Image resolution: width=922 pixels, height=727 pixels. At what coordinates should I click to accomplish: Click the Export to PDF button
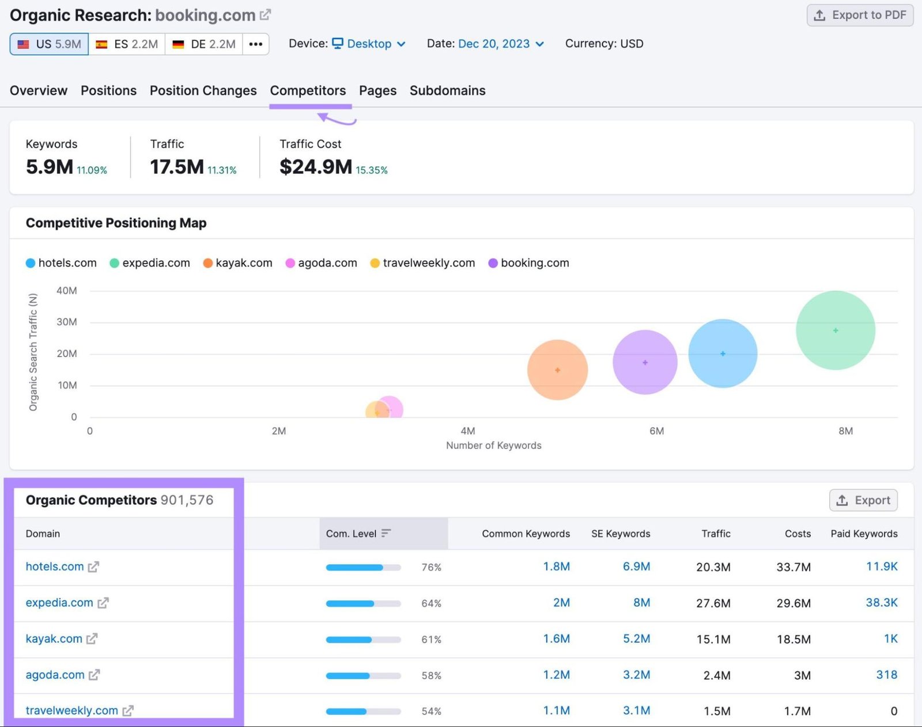pyautogui.click(x=860, y=16)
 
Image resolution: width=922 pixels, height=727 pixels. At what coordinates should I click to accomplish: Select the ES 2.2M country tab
pyautogui.click(x=127, y=44)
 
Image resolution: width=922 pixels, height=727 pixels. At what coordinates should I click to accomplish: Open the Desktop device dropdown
pyautogui.click(x=369, y=44)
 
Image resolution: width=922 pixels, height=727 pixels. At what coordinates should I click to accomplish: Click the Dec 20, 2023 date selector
pyautogui.click(x=494, y=44)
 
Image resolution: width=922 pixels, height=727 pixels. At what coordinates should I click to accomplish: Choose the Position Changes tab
pyautogui.click(x=203, y=90)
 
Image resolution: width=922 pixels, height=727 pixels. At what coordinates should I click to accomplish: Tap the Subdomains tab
pyautogui.click(x=447, y=90)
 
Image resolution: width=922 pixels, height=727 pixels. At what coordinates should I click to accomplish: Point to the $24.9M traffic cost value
pyautogui.click(x=315, y=167)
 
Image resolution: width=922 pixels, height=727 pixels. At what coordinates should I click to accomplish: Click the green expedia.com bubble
pyautogui.click(x=835, y=330)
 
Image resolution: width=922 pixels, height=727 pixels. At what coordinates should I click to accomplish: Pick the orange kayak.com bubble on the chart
pyautogui.click(x=557, y=370)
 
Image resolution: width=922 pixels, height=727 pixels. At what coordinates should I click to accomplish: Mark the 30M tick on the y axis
pyautogui.click(x=66, y=322)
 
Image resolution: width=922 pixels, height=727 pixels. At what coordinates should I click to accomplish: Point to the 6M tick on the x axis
pyautogui.click(x=656, y=431)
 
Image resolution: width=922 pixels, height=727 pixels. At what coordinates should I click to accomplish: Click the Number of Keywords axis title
pyautogui.click(x=493, y=446)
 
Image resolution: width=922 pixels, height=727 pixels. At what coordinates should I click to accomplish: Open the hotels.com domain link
pyautogui.click(x=55, y=566)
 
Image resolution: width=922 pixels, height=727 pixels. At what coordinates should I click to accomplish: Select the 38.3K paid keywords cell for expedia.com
pyautogui.click(x=881, y=603)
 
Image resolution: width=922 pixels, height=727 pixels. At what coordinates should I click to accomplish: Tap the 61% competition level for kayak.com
pyautogui.click(x=431, y=640)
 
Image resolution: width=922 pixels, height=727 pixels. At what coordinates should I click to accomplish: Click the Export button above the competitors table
pyautogui.click(x=863, y=500)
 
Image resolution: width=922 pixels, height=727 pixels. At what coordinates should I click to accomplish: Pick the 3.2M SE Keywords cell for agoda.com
pyautogui.click(x=636, y=675)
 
